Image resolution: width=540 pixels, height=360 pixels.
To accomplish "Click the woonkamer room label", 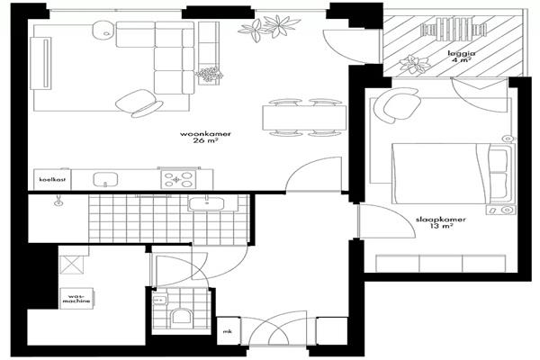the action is tap(205, 137).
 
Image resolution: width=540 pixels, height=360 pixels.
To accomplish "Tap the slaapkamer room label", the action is tap(441, 222).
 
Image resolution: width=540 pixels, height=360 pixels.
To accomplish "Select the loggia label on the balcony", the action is tap(462, 57).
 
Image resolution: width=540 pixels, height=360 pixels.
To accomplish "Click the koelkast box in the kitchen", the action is tap(52, 179).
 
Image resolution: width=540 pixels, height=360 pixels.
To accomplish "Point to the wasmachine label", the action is tap(76, 298).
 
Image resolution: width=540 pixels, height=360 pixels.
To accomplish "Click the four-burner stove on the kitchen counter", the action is tap(178, 179).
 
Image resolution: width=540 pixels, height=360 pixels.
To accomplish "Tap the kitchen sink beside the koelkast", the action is tap(105, 179).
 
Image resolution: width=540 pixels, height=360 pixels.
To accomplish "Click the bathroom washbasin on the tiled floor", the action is tap(206, 203).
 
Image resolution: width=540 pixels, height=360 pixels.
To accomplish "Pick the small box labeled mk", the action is tap(228, 331).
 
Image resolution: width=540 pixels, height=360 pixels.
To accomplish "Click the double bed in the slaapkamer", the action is tap(454, 174).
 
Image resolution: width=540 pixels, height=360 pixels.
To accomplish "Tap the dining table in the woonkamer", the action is tap(304, 118).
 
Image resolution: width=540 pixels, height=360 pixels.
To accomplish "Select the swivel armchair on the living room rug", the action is tap(139, 103).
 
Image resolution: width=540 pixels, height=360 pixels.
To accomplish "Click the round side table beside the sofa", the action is tap(103, 30).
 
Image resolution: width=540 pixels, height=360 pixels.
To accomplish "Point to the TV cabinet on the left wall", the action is tap(40, 63).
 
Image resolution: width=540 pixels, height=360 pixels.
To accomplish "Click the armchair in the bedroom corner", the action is tap(397, 104).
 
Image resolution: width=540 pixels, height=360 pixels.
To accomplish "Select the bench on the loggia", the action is tap(454, 30).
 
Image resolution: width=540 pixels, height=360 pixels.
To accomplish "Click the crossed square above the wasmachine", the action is tap(72, 265).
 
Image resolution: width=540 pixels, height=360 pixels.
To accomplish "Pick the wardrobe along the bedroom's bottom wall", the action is tap(440, 264).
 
